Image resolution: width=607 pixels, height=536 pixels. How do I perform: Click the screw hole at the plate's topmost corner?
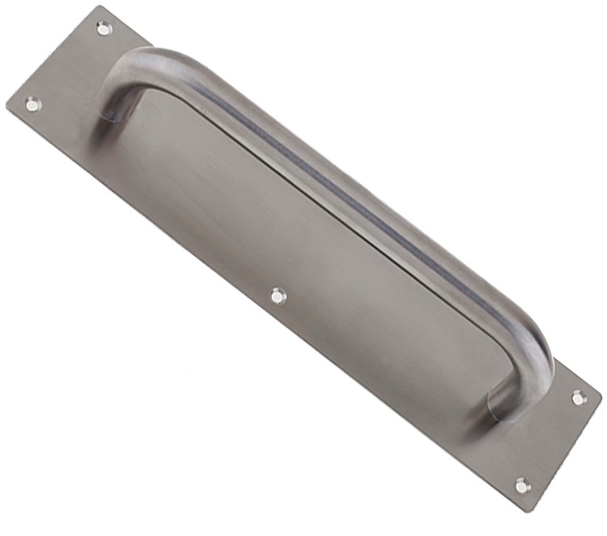tap(103, 29)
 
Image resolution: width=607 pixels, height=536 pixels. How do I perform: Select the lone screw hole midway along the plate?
tap(277, 296)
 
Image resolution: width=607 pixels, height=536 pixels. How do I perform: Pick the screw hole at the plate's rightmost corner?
tap(577, 397)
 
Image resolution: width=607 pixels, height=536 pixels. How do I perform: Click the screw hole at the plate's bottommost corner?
tap(522, 485)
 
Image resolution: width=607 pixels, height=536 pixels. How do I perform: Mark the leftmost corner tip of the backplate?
tap(7, 111)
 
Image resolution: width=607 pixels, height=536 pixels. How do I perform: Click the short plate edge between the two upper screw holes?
tap(55, 59)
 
